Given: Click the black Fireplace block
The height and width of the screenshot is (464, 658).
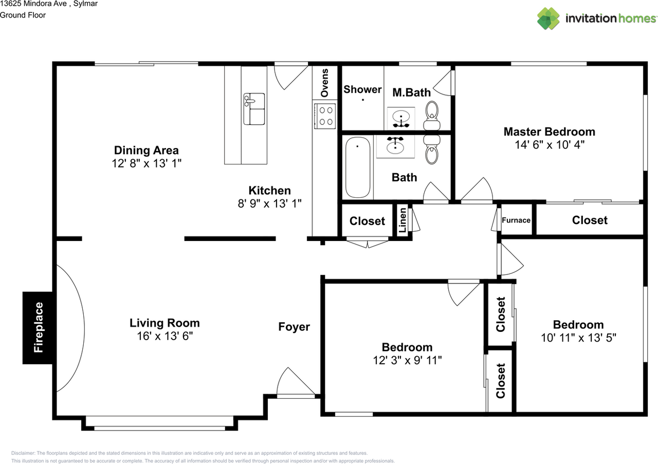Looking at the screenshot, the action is coord(38,328).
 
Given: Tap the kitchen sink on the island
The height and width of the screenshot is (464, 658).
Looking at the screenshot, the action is coord(254,109).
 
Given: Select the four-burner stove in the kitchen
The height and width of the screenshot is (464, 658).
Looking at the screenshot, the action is coord(325,116).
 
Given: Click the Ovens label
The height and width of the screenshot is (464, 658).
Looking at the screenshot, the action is coord(324,83).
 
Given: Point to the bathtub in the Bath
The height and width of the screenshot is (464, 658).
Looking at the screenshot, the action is coord(357,168).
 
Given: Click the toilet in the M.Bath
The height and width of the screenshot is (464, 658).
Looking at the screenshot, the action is coord(432,116).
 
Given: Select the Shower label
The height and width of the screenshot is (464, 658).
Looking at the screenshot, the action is coord(362,89).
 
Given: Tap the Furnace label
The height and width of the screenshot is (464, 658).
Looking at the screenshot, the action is coord(516,220).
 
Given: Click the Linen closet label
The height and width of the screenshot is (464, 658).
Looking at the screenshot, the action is coord(403,220).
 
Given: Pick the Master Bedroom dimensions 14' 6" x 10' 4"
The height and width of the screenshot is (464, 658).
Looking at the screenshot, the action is coord(550,145).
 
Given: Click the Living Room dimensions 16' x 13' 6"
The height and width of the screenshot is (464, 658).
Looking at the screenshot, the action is coord(165,336).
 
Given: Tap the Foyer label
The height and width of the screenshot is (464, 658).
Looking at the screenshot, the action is coord(294,327).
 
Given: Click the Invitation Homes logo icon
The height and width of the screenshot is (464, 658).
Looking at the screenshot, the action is coord(549,18).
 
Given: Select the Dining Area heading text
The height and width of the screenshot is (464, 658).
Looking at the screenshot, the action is coord(147,151).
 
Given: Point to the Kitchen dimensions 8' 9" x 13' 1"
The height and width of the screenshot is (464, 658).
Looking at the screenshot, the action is coord(270,203).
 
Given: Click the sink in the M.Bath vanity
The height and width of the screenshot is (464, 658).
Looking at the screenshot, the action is coord(401,117).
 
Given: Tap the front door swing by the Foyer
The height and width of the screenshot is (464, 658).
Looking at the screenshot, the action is coord(296,381).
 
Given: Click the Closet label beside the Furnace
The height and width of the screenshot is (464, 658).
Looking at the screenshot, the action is coord(590,220).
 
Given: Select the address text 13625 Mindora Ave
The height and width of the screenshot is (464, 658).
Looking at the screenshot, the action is coord(33,4).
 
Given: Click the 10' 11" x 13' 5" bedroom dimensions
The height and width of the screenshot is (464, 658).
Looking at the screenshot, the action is coord(578,338).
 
